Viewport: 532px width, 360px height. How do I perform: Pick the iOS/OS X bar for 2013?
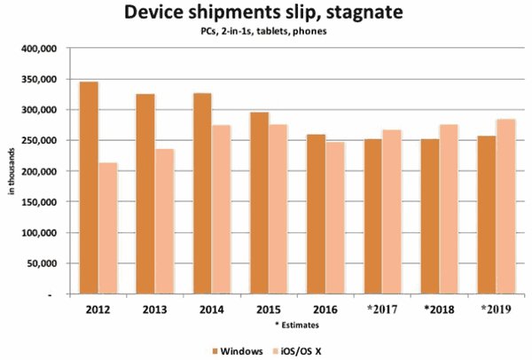(x=165, y=221)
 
